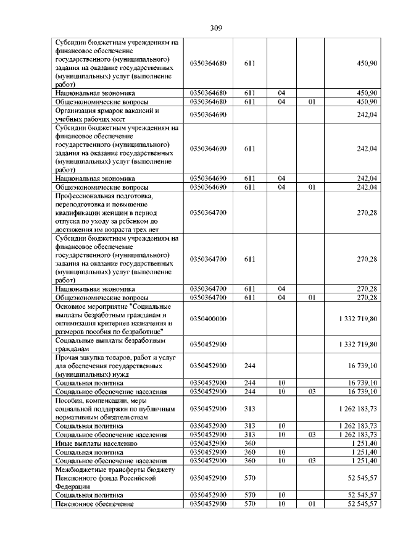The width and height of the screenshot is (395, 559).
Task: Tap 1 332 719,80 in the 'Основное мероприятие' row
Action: click(358, 318)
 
